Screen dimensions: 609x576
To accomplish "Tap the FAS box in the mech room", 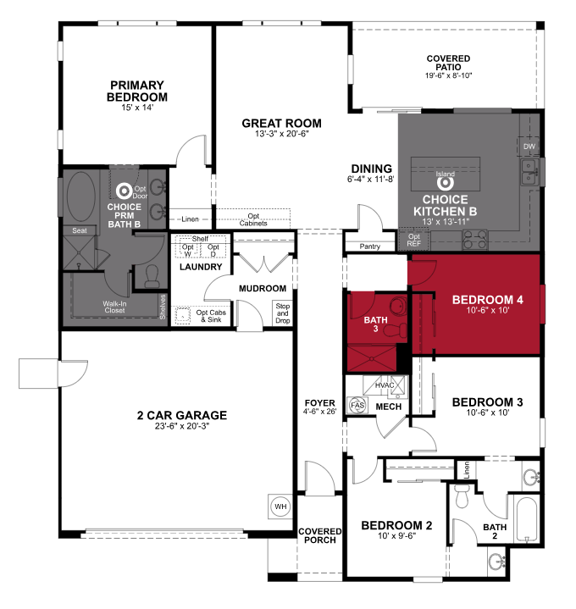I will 357,405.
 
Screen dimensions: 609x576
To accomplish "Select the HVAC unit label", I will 385,386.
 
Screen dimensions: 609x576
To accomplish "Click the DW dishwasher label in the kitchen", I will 529,147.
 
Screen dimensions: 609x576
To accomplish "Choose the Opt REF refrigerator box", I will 413,239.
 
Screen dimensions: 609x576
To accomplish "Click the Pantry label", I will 368,246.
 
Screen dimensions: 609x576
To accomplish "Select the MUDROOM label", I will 262,288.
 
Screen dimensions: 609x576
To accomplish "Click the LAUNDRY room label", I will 201,268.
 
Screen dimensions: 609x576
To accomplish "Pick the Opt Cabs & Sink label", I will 212,316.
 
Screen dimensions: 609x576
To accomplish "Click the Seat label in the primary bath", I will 80,230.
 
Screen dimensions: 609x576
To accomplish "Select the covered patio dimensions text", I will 448,75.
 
